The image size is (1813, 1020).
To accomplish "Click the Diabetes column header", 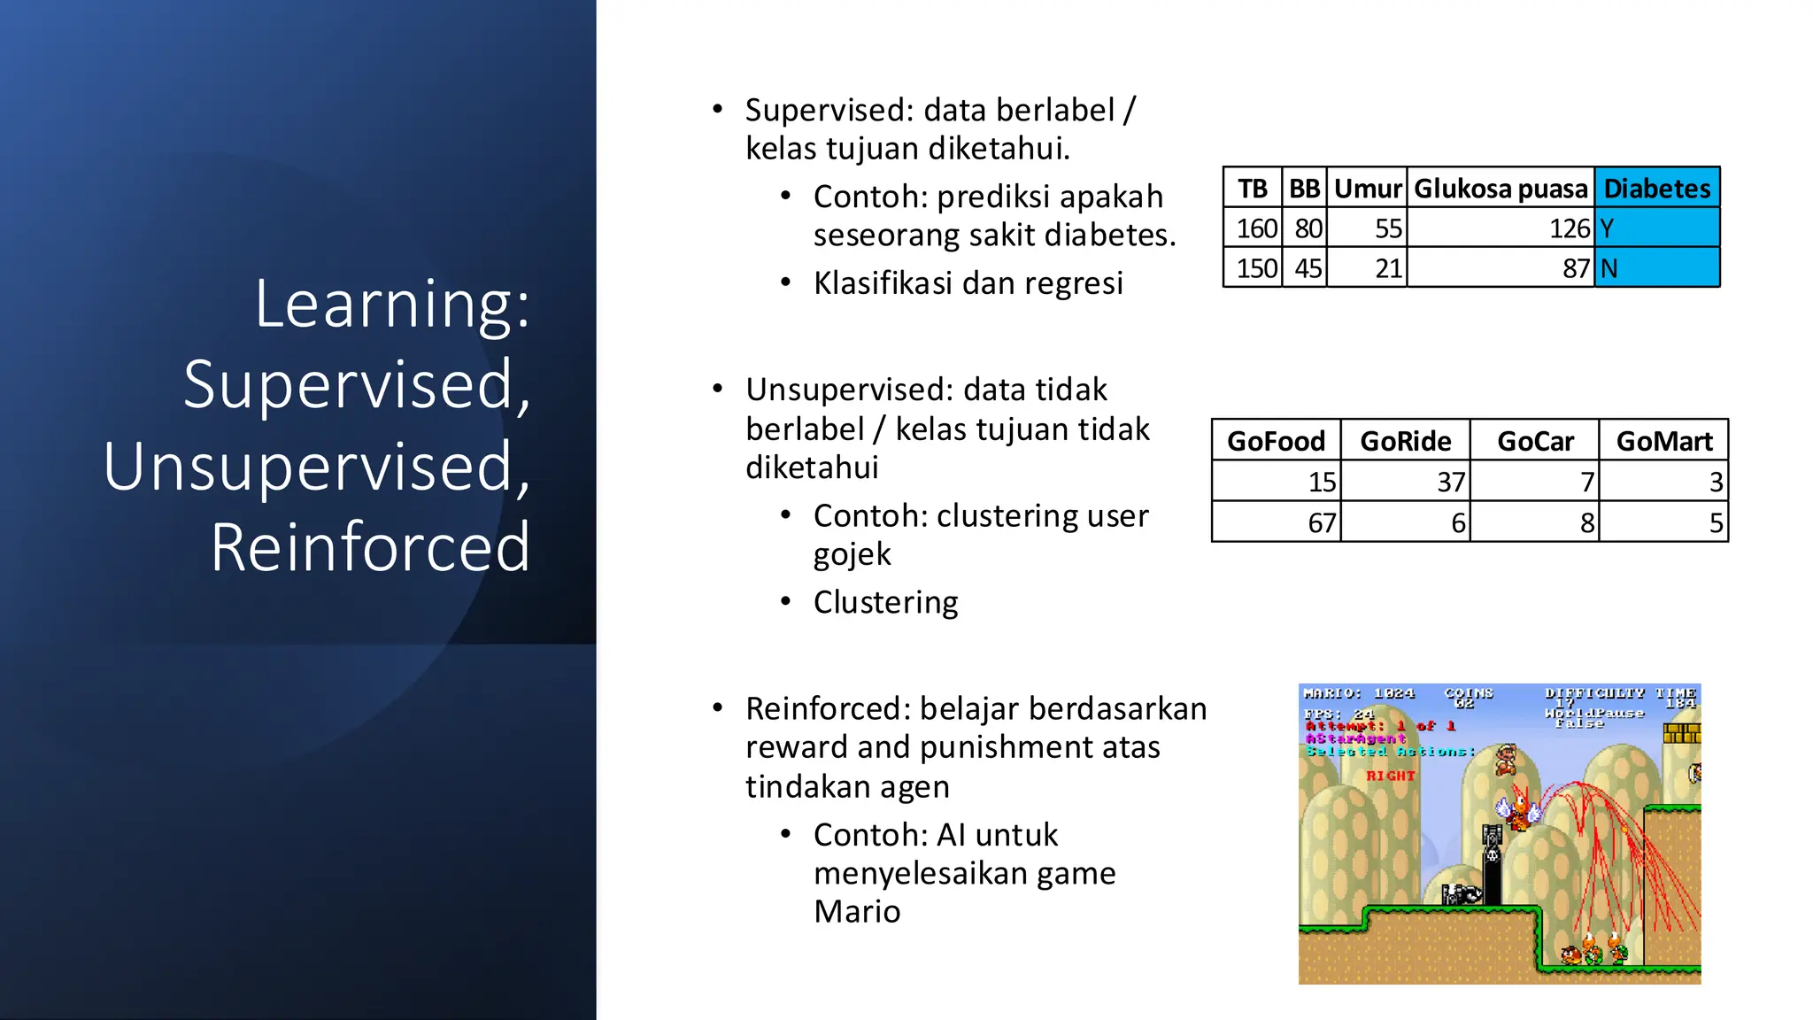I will pyautogui.click(x=1656, y=188).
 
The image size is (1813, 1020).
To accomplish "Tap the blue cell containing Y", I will pyautogui.click(x=1656, y=228).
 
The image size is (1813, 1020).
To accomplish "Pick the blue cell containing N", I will pyautogui.click(x=1656, y=267).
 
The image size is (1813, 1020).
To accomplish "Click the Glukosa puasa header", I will pyautogui.click(x=1501, y=188).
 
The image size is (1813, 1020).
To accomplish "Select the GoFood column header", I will pyautogui.click(x=1276, y=440).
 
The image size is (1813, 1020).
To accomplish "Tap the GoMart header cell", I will pyautogui.click(x=1663, y=440).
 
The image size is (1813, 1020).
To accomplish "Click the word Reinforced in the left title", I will pyautogui.click(x=370, y=547).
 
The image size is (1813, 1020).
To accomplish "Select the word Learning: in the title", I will pyautogui.click(x=392, y=304).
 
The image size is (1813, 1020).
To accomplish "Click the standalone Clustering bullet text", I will pyautogui.click(x=885, y=602).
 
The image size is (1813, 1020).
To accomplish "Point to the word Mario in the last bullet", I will pyautogui.click(x=856, y=911).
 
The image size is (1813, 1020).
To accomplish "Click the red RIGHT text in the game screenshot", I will pyautogui.click(x=1390, y=776).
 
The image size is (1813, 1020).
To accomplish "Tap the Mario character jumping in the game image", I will pyautogui.click(x=1505, y=759).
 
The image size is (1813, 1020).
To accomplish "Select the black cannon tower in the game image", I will pyautogui.click(x=1492, y=863).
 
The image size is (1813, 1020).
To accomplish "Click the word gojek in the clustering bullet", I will pyautogui.click(x=852, y=554).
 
